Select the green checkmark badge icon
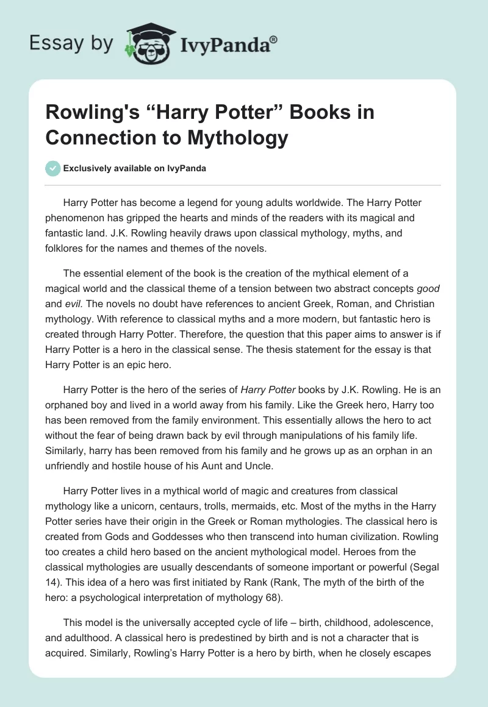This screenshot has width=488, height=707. pos(52,168)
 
